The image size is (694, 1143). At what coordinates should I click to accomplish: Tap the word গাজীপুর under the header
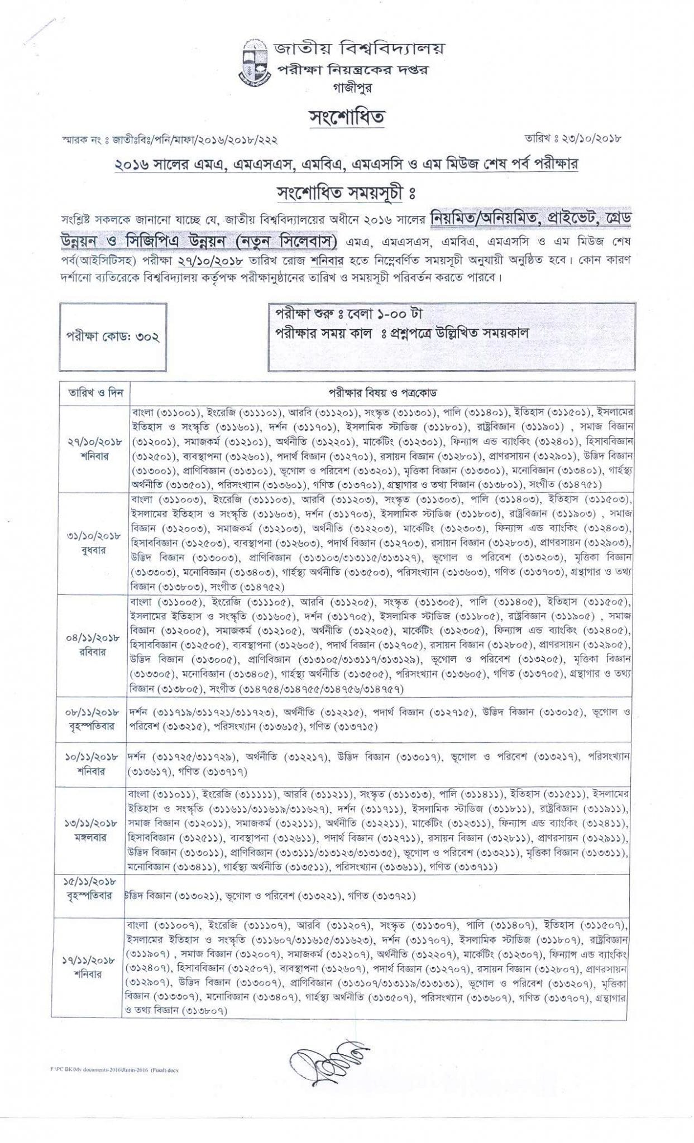[347, 88]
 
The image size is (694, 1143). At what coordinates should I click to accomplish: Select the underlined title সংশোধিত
[347, 118]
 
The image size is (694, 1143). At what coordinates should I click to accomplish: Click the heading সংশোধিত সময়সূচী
[347, 193]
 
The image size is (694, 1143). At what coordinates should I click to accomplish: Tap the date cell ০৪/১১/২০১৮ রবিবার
[94, 644]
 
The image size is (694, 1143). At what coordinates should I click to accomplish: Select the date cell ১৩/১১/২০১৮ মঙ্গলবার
[94, 830]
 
